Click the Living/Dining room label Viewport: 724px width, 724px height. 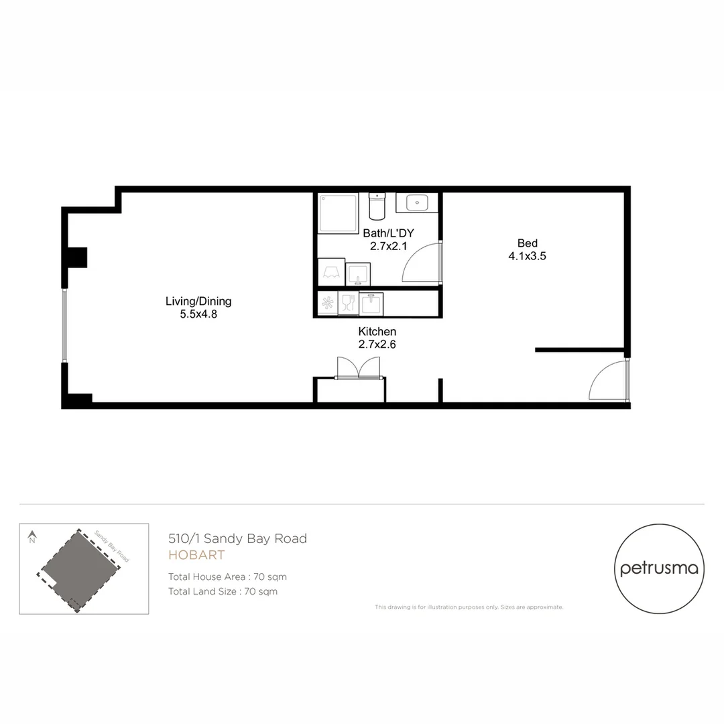pos(198,302)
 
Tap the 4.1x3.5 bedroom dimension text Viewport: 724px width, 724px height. pos(527,255)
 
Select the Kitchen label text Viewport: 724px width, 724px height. pos(377,332)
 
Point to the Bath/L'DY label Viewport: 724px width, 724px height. pos(389,233)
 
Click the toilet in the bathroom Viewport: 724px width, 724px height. pos(377,206)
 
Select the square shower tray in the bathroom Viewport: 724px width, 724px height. pos(339,213)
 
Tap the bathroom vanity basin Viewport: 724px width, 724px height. pos(418,202)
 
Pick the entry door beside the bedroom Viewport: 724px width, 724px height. pos(608,381)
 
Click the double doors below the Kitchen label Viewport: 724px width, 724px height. pos(359,368)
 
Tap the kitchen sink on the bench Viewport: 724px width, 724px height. pos(371,304)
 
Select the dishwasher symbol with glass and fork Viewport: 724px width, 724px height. pos(348,303)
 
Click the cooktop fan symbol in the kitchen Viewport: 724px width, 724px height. pos(328,303)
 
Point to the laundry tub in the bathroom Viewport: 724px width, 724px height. pos(357,274)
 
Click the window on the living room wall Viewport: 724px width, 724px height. pos(65,325)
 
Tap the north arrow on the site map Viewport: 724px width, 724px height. pos(32,536)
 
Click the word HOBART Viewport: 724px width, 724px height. pos(196,556)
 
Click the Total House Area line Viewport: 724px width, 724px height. pos(227,577)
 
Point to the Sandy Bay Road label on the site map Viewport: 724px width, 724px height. pos(111,546)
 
